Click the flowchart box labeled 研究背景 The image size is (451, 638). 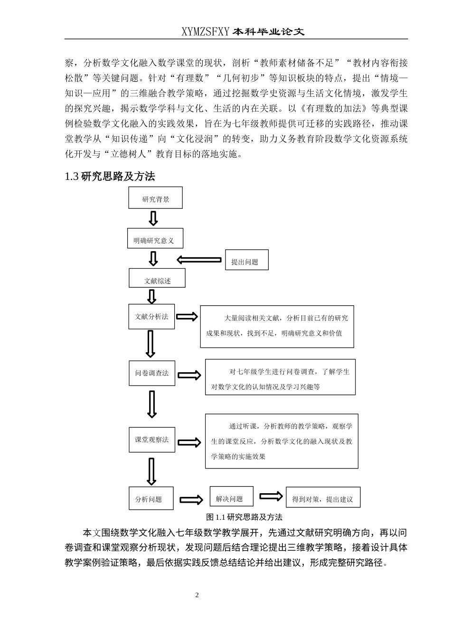click(155, 198)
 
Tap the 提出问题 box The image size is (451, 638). click(246, 260)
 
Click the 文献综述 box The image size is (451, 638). click(157, 278)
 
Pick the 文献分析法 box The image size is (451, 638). click(151, 317)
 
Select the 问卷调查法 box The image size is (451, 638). click(152, 373)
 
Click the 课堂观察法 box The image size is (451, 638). click(152, 440)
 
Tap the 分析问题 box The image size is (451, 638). click(151, 498)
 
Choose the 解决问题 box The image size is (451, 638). click(231, 497)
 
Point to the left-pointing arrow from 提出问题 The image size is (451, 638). click(199, 260)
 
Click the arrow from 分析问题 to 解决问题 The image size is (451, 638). click(191, 499)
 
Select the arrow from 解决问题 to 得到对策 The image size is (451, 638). click(271, 496)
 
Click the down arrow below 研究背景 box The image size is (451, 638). click(153, 218)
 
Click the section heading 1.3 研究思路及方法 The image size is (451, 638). click(110, 177)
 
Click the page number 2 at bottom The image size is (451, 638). click(197, 595)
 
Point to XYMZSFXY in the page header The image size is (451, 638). click(206, 31)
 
